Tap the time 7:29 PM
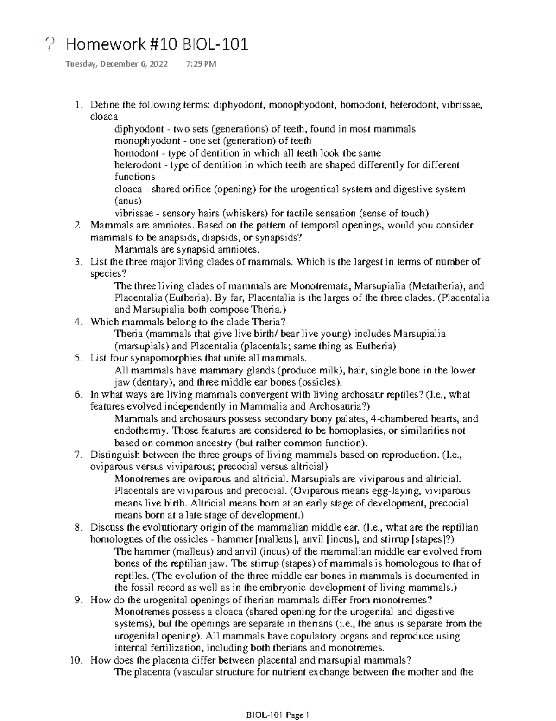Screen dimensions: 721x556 point(201,64)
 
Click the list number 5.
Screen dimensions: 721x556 point(79,358)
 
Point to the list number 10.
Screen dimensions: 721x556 point(76,660)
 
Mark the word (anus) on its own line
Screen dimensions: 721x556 point(128,201)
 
